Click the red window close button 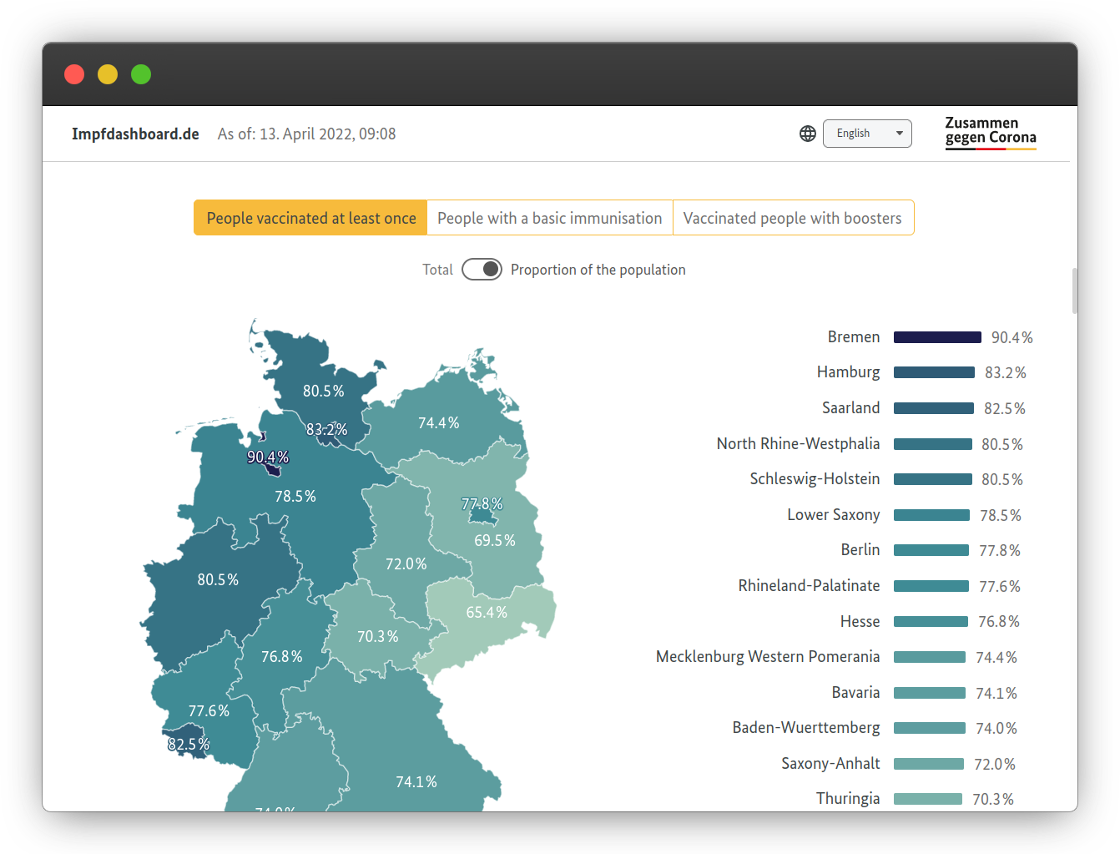pyautogui.click(x=74, y=74)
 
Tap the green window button pyautogui.click(x=141, y=74)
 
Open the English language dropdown pyautogui.click(x=867, y=134)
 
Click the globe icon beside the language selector pyautogui.click(x=808, y=134)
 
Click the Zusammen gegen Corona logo pyautogui.click(x=990, y=133)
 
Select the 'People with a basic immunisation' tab pyautogui.click(x=549, y=218)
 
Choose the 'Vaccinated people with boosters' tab pyautogui.click(x=792, y=218)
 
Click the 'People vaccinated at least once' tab pyautogui.click(x=310, y=218)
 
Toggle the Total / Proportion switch pyautogui.click(x=482, y=269)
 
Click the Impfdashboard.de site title pyautogui.click(x=135, y=134)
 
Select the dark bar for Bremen pyautogui.click(x=936, y=337)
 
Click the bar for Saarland pyautogui.click(x=933, y=408)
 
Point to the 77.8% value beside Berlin pyautogui.click(x=999, y=551)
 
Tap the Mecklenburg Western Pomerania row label pyautogui.click(x=767, y=657)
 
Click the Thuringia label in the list pyautogui.click(x=847, y=799)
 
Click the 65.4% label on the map pyautogui.click(x=487, y=613)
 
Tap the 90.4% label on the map pyautogui.click(x=268, y=457)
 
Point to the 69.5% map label pyautogui.click(x=495, y=541)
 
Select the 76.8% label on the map pyautogui.click(x=282, y=657)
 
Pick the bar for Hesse pyautogui.click(x=931, y=622)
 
